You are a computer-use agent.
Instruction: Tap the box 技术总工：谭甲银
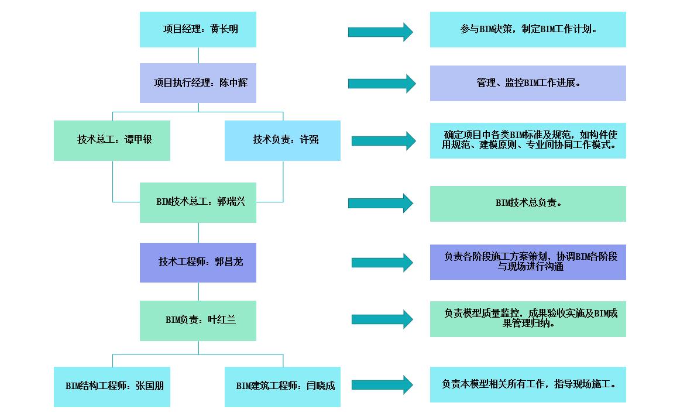(x=112, y=140)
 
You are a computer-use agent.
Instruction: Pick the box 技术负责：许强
(x=283, y=140)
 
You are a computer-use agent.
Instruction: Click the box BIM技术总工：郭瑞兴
(x=198, y=202)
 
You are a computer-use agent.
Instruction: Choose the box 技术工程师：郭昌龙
(x=198, y=263)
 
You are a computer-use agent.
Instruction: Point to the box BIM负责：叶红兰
(x=198, y=321)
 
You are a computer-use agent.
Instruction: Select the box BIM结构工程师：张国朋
(x=112, y=387)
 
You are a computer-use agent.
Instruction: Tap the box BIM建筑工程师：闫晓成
(x=283, y=387)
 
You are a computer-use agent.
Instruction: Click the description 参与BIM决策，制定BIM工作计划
(x=528, y=29)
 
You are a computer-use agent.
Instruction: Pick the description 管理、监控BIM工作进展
(x=528, y=83)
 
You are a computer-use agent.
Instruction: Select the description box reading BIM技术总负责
(x=528, y=204)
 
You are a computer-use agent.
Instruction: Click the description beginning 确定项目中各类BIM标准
(x=528, y=140)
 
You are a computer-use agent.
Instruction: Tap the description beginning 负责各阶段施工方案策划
(x=528, y=262)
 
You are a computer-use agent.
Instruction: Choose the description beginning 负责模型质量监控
(x=528, y=319)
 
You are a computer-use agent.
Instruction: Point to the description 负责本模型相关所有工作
(x=528, y=384)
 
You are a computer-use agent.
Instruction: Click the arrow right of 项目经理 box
(x=380, y=32)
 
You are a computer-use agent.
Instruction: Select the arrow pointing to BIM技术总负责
(x=380, y=203)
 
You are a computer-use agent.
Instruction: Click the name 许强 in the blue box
(x=310, y=140)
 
